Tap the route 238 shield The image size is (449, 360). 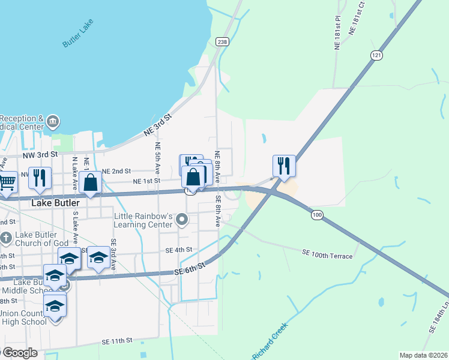coord(223,41)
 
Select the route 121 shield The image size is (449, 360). coord(376,55)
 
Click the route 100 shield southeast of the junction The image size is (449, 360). coord(318,214)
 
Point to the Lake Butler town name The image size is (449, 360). coord(56,203)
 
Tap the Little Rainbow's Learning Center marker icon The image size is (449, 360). coord(182,221)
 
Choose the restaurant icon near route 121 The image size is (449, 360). coord(284,165)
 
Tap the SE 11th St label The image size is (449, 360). coord(116,341)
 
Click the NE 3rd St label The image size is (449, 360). coord(158,124)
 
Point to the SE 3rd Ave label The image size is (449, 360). coord(113,254)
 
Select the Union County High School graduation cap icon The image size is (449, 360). coord(55,305)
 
